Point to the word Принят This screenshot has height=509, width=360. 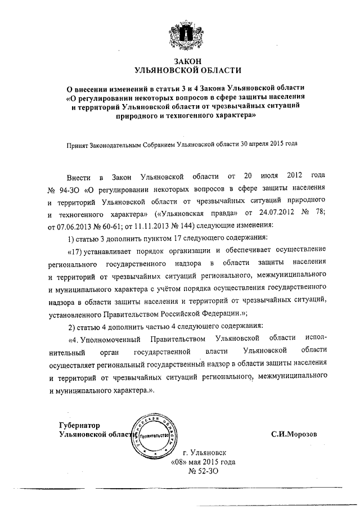77,143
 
